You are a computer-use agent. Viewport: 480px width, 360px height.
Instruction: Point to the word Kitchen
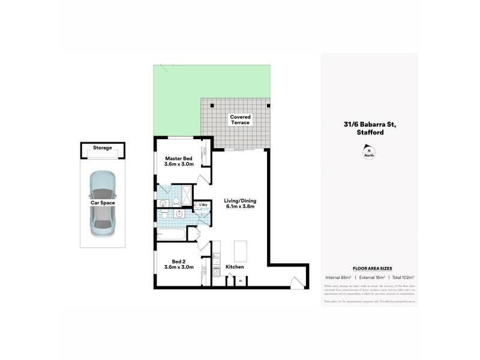pyautogui.click(x=234, y=266)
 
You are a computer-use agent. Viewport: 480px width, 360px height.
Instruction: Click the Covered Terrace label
pyautogui.click(x=239, y=119)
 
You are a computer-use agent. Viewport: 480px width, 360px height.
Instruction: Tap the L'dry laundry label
pyautogui.click(x=203, y=205)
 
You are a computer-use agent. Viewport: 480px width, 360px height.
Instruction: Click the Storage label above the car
pyautogui.click(x=102, y=148)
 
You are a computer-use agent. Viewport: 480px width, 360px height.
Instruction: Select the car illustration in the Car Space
pyautogui.click(x=102, y=203)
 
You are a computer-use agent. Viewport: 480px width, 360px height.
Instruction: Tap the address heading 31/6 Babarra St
pyautogui.click(x=368, y=125)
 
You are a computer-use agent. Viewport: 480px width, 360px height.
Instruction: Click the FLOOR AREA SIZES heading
pyautogui.click(x=368, y=269)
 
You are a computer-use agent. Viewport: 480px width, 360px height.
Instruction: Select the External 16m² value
pyautogui.click(x=369, y=278)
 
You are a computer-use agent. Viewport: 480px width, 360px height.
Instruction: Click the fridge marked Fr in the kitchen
pyautogui.click(x=241, y=280)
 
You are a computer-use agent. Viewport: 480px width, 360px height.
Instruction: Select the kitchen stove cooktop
pyautogui.click(x=217, y=276)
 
